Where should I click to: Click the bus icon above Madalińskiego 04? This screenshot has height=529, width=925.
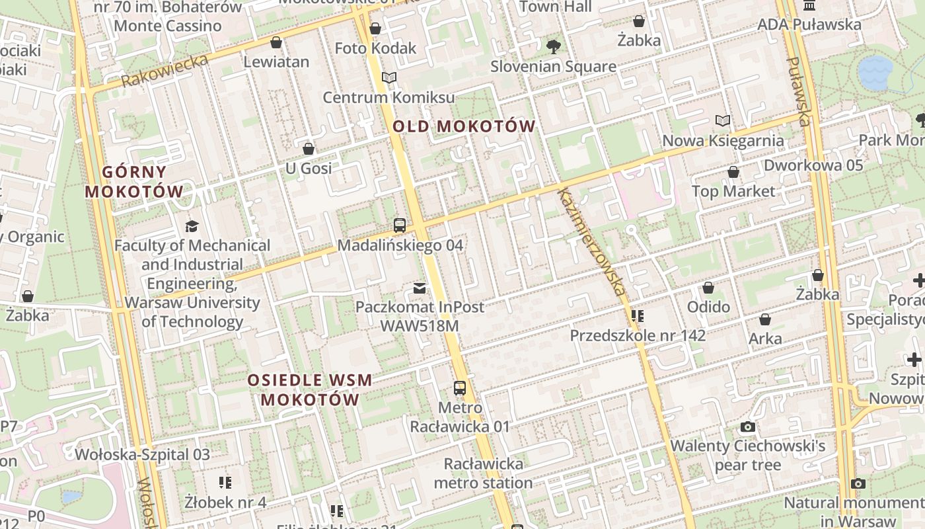(400, 225)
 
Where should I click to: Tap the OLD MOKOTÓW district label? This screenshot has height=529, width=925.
(464, 126)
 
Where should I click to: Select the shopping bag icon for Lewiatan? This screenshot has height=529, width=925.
(276, 43)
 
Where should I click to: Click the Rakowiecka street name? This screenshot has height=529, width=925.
(165, 71)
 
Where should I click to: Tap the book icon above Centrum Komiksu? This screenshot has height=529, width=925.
(389, 78)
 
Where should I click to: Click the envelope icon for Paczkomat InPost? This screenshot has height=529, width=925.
(420, 288)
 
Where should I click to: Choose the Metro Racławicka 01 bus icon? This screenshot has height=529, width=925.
(460, 388)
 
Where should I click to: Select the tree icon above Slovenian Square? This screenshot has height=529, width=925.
(554, 47)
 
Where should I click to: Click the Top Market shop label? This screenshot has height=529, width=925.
(733, 191)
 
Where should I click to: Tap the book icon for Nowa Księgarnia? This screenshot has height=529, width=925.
(723, 121)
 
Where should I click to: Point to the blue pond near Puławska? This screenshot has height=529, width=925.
(875, 71)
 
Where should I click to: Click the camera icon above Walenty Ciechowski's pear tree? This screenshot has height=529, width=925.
(748, 427)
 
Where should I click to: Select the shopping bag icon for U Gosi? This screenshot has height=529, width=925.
(308, 149)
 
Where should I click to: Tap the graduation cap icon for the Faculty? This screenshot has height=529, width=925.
(192, 226)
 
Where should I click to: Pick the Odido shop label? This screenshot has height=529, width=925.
(708, 307)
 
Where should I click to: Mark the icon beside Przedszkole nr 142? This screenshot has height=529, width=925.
(637, 316)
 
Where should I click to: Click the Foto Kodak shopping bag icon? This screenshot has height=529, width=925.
(375, 28)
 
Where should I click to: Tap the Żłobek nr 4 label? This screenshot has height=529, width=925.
(225, 502)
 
